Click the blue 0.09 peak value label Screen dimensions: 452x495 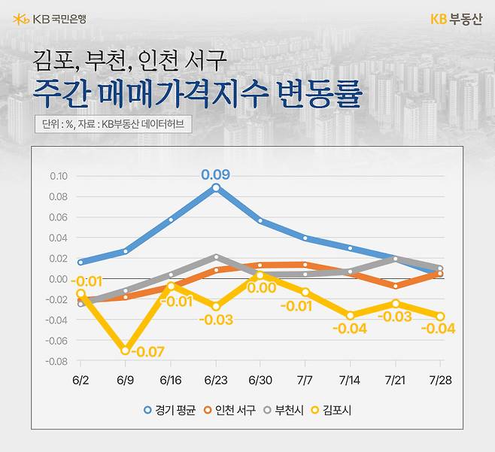click(215, 175)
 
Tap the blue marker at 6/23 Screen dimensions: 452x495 click(216, 187)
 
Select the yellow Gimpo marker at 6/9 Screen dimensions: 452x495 click(125, 350)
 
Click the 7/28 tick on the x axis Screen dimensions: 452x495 click(442, 381)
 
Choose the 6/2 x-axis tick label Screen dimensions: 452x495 click(80, 381)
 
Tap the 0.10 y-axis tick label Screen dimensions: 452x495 click(58, 177)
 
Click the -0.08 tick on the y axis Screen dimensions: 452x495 click(56, 361)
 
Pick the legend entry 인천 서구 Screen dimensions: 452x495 click(229, 410)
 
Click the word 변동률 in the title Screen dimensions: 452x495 click(319, 96)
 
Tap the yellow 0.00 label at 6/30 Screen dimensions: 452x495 click(261, 287)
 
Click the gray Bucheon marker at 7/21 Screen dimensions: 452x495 click(396, 259)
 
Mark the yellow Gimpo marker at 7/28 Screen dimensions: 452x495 click(441, 316)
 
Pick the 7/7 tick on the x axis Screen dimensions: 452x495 click(305, 381)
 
